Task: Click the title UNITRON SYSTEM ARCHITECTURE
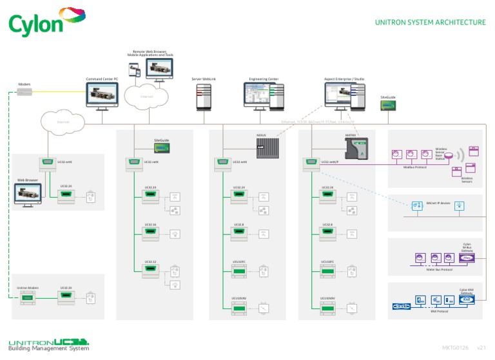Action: point(430,23)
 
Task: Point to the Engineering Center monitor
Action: point(263,95)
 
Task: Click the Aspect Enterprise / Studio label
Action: point(344,79)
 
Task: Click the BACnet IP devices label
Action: point(438,203)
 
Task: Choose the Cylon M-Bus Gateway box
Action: point(467,258)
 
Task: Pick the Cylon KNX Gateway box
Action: point(467,299)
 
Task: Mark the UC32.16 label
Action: point(150,225)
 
